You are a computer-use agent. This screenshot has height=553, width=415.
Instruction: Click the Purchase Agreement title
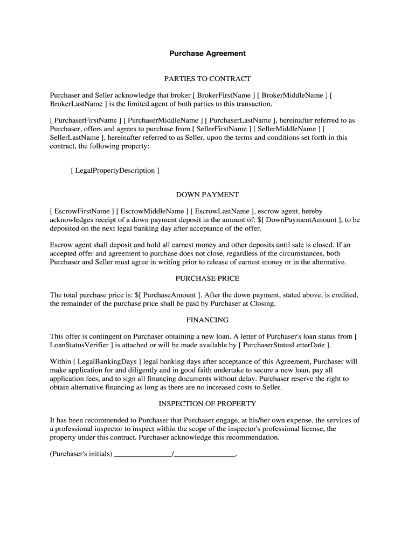pyautogui.click(x=207, y=53)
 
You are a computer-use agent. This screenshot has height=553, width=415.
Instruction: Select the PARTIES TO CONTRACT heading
pyautogui.click(x=207, y=79)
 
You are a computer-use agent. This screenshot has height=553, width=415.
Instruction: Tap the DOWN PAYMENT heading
pyautogui.click(x=207, y=195)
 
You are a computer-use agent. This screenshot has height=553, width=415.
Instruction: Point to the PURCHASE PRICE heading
pyautogui.click(x=207, y=279)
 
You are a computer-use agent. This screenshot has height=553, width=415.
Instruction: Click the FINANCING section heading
pyautogui.click(x=207, y=320)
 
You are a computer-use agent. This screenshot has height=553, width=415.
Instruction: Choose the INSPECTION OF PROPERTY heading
pyautogui.click(x=207, y=403)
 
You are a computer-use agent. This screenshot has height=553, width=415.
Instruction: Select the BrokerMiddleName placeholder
pyautogui.click(x=293, y=95)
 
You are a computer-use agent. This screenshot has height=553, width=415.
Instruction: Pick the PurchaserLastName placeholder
pyautogui.click(x=240, y=120)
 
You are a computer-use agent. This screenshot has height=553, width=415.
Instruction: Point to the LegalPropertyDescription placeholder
pyautogui.click(x=115, y=171)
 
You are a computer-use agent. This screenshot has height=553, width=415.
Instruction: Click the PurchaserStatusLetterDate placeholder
pyautogui.click(x=283, y=345)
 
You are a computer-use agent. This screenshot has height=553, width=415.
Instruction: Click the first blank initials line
pyautogui.click(x=143, y=454)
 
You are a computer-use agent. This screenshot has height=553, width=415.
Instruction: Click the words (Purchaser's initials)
pyautogui.click(x=81, y=454)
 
